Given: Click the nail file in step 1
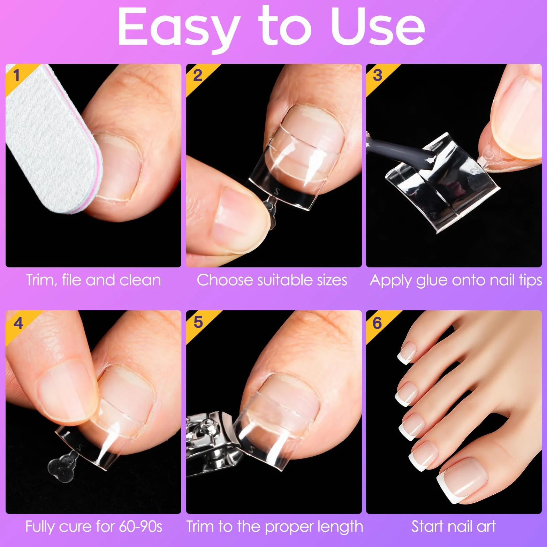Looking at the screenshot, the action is tap(52, 139).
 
